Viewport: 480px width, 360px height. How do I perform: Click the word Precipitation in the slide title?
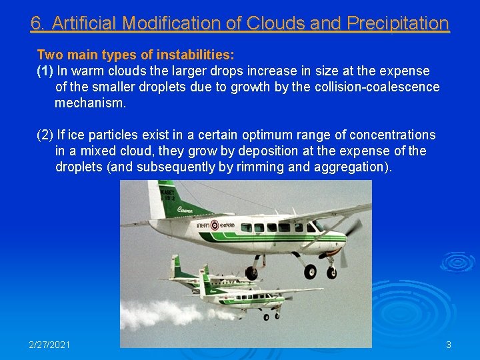click(398, 23)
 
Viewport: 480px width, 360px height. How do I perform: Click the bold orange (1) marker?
click(45, 71)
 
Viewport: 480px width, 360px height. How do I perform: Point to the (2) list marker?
click(45, 135)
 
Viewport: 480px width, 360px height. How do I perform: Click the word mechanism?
click(90, 103)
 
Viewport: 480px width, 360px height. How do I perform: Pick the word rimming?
click(261, 167)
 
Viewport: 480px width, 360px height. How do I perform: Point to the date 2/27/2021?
click(49, 345)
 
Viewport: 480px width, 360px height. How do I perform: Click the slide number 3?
click(449, 345)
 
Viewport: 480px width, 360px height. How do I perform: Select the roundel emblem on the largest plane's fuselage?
click(215, 225)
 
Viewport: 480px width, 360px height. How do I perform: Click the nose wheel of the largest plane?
click(331, 273)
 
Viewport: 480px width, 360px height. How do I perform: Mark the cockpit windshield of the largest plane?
click(319, 226)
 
